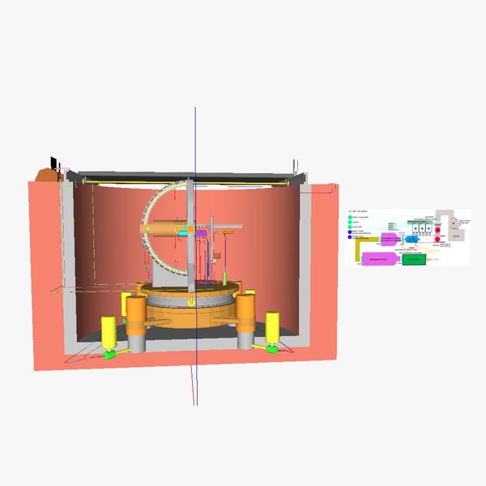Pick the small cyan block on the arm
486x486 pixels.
point(184,232)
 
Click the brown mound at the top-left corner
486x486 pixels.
point(46,173)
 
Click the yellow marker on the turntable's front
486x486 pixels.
point(190,301)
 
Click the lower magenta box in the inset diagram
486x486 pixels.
point(379,258)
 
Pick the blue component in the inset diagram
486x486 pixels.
point(410,241)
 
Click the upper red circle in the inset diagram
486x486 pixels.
point(438,229)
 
